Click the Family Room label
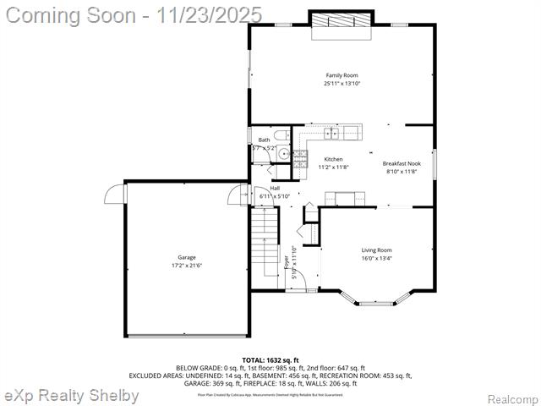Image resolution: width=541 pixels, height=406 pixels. coord(342,75)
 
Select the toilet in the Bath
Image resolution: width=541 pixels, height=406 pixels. coord(282,134)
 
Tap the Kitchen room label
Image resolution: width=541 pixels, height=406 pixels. coord(333,159)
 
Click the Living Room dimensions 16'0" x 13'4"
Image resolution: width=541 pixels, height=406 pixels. coord(376,258)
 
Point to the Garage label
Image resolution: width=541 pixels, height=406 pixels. coord(187,257)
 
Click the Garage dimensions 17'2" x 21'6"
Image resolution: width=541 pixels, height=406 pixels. coord(187,266)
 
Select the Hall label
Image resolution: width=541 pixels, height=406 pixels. coord(275,188)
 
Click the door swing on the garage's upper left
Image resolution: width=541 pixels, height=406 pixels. coord(114,195)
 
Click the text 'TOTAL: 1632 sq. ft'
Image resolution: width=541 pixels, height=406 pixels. coord(270,360)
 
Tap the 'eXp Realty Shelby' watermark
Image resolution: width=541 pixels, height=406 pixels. coord(71,396)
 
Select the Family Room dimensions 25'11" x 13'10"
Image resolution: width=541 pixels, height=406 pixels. coord(342,84)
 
